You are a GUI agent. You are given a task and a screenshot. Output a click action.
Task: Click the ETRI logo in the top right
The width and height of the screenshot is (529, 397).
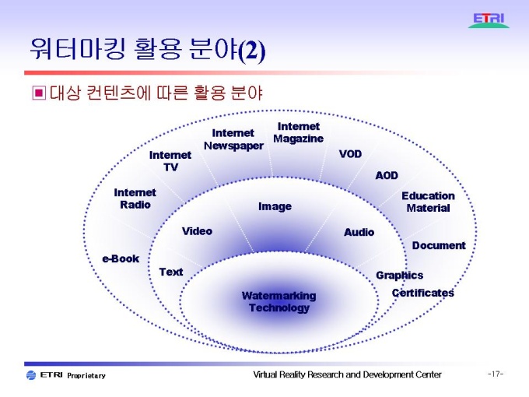[489, 20]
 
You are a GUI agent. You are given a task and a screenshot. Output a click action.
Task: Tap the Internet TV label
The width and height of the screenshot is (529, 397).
[170, 161]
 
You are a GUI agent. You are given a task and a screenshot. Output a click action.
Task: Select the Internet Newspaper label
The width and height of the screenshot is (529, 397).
[233, 139]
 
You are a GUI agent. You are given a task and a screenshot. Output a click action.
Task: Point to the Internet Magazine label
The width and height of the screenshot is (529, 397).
[298, 132]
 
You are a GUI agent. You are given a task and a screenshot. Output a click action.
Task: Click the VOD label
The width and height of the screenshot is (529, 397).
[350, 154]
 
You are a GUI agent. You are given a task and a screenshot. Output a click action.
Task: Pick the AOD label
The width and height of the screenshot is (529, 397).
[387, 176]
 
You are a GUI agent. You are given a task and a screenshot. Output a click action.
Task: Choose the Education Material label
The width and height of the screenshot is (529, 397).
[428, 202]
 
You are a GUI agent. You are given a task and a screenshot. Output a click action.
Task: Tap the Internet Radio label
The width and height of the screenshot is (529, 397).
[135, 198]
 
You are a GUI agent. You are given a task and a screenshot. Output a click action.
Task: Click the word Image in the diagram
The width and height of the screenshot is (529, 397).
[275, 206]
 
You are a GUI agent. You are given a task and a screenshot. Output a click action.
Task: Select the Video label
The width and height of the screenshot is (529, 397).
[197, 231]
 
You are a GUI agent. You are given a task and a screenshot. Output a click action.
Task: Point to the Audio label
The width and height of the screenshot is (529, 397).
[359, 232]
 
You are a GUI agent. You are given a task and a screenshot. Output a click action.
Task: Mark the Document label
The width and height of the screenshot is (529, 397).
[439, 245]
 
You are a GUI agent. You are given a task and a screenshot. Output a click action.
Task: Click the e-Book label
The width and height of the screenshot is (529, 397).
[121, 258]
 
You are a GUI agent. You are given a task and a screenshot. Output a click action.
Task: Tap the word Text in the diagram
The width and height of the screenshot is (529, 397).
[171, 272]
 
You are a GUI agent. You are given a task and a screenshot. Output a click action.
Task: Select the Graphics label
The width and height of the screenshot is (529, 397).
[399, 275]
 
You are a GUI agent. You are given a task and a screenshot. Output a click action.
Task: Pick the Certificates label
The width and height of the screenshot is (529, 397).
[422, 293]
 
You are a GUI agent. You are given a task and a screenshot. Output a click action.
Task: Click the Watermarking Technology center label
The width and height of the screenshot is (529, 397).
[279, 301]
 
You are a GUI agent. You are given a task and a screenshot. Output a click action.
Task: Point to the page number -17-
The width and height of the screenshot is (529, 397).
[496, 374]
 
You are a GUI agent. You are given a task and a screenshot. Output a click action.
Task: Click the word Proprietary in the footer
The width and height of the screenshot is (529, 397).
[86, 376]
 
